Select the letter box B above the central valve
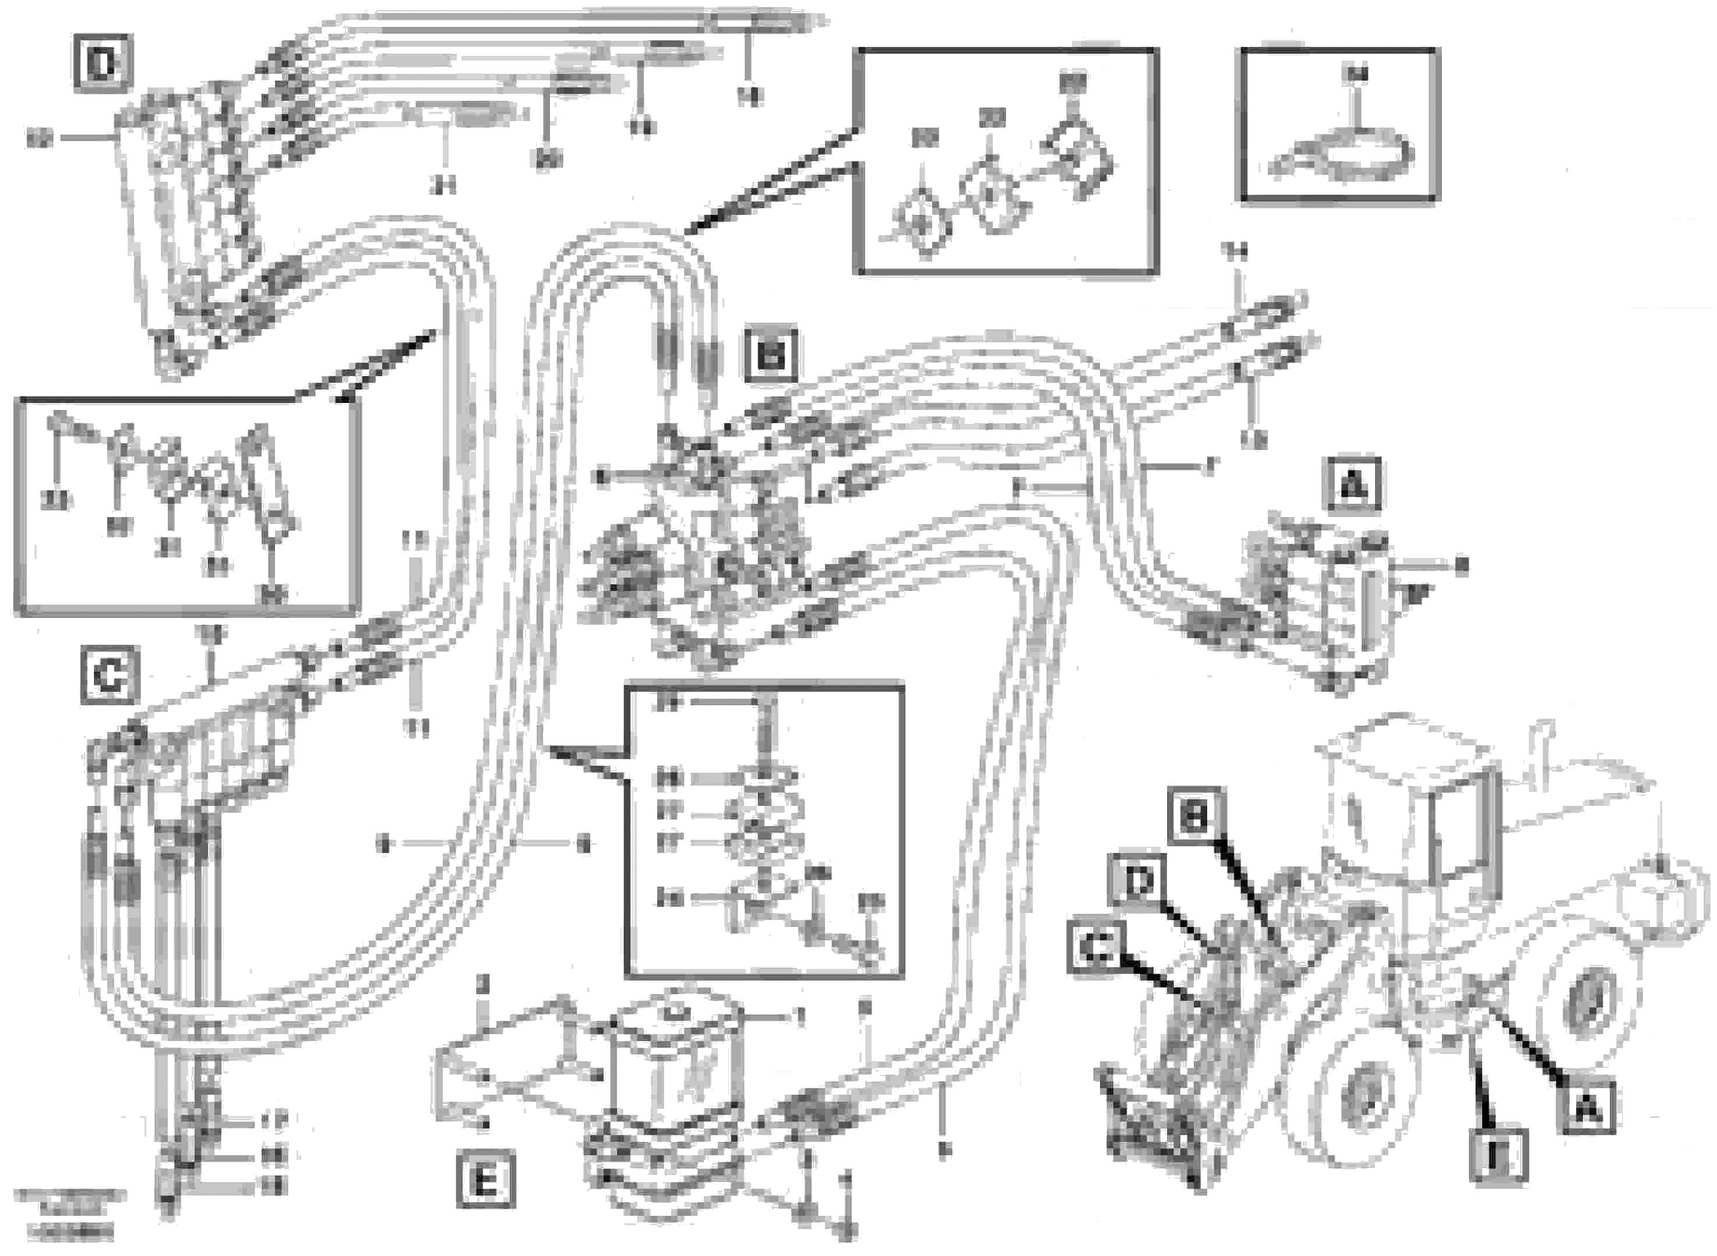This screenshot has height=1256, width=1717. point(771,354)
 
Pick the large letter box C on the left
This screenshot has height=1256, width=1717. point(110,674)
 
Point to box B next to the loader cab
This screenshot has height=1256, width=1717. point(1195,816)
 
